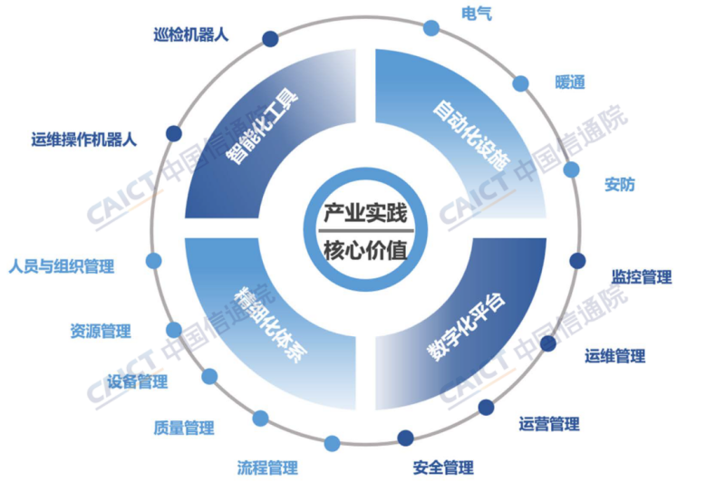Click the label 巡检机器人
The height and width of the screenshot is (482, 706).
tap(191, 36)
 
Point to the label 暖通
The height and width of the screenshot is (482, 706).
tap(570, 82)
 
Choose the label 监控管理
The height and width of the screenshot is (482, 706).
tap(642, 277)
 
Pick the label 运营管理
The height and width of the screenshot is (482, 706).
tap(549, 423)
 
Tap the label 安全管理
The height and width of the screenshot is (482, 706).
tap(443, 468)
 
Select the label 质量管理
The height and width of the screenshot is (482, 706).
tap(184, 429)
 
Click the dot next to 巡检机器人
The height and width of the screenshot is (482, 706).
tap(270, 38)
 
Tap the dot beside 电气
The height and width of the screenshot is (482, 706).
tap(431, 27)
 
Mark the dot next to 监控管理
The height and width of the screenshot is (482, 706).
tap(577, 261)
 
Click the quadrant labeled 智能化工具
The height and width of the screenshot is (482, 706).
tap(263, 131)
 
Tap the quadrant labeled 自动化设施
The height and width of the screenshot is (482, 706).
tap(467, 136)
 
